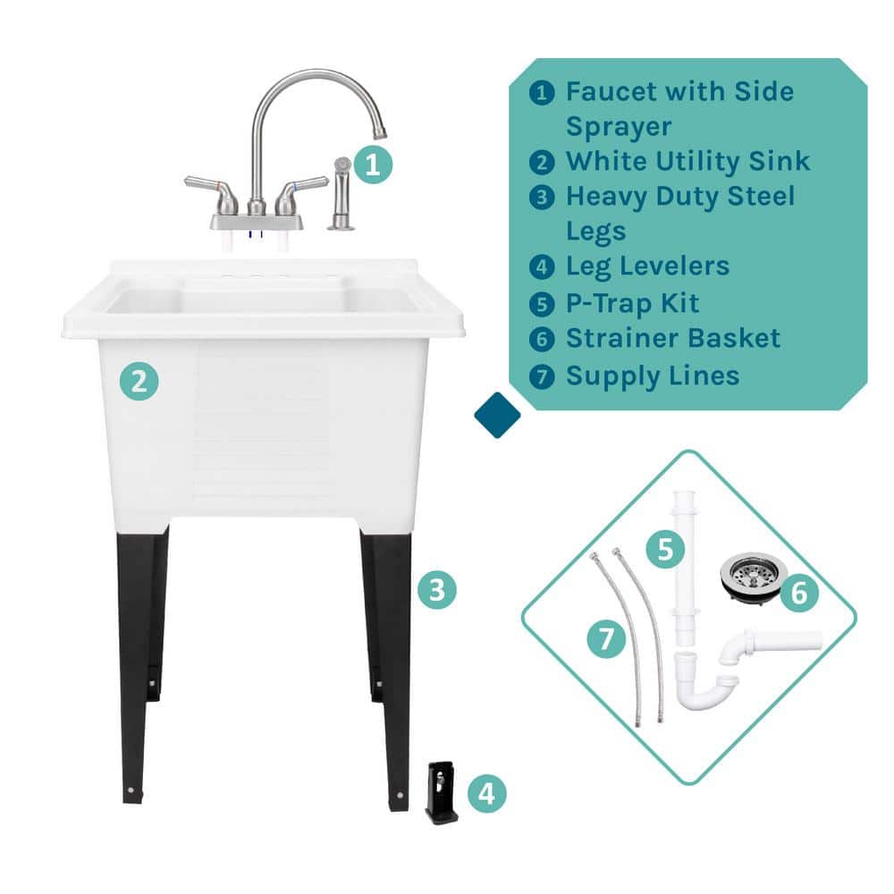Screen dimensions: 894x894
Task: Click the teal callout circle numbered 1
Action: [x=373, y=164]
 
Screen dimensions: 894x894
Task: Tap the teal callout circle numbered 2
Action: [x=139, y=381]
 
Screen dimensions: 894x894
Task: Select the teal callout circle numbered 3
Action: [x=437, y=589]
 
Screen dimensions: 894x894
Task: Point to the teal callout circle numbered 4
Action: [x=487, y=793]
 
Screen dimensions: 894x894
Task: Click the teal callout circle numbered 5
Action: [x=665, y=549]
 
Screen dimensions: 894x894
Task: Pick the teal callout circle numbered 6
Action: [x=798, y=593]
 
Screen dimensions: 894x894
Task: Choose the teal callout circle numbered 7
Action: [x=607, y=639]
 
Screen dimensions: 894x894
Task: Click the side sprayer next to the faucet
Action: [x=342, y=194]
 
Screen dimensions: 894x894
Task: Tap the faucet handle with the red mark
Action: [x=212, y=192]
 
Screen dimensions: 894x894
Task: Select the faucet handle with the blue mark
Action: [x=300, y=191]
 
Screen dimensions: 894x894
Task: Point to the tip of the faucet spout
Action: [x=380, y=135]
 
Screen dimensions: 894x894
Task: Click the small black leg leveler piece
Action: [x=442, y=792]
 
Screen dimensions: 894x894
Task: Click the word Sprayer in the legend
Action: [x=619, y=127]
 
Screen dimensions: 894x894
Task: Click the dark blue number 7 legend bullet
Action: [x=542, y=376]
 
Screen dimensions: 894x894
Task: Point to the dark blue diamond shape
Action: [x=497, y=415]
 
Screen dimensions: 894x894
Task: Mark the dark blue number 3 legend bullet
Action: [x=542, y=198]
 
